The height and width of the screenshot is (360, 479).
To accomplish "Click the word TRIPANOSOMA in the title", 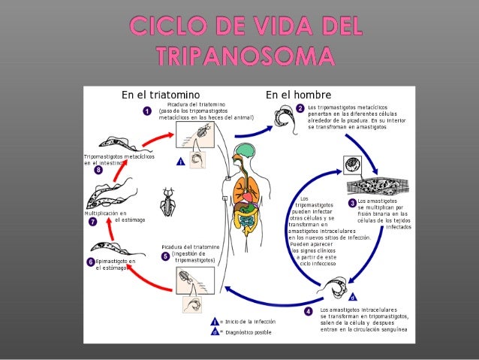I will pos(239,56).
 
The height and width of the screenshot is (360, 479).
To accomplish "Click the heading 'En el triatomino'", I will pos(160,95).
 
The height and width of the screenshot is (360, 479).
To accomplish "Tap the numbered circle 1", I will pos(148,111).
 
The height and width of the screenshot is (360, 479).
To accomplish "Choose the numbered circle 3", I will pos(352,202).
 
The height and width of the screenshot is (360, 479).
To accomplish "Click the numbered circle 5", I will pos(165,256).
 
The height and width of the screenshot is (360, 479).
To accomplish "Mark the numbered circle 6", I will pos(90,262).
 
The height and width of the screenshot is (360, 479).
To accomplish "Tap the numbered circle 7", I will pos(92,222).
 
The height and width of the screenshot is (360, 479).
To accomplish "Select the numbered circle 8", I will pos(98,171).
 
